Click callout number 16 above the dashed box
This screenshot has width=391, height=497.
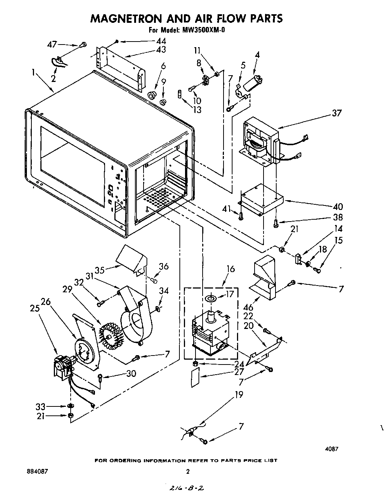[x=231, y=269]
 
